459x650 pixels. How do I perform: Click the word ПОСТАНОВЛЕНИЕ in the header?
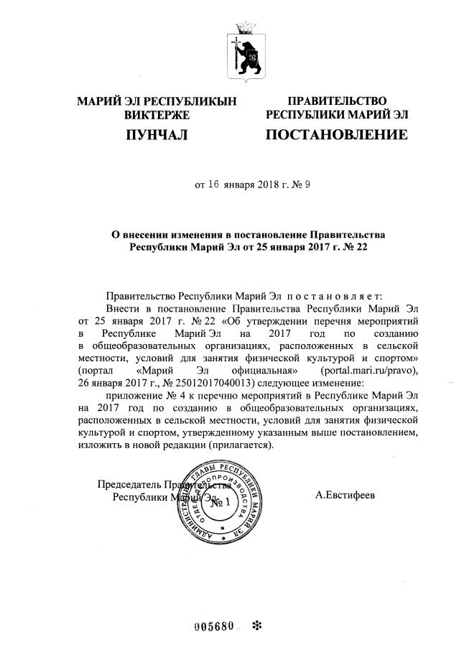tap(336, 134)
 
